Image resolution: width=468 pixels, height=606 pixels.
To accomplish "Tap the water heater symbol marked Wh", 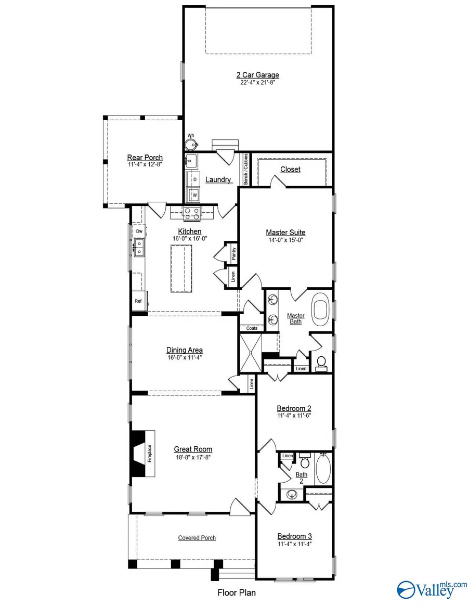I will [x=191, y=144].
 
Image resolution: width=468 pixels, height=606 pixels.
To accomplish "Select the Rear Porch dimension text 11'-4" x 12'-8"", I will [x=145, y=164].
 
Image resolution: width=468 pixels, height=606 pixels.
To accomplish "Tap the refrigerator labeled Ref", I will [x=138, y=301].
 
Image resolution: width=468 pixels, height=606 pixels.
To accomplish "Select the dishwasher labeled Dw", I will [x=139, y=231].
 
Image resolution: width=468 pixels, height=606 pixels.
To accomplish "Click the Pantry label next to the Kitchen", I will [x=234, y=253].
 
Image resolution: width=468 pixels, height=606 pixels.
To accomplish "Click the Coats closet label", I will [x=252, y=328].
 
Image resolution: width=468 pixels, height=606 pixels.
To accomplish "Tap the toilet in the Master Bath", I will [x=321, y=362].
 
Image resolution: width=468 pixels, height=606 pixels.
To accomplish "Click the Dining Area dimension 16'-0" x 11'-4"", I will [x=184, y=357].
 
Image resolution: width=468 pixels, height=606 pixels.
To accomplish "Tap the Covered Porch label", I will [x=197, y=538].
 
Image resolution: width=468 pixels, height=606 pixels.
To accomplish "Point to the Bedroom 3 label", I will [x=294, y=536].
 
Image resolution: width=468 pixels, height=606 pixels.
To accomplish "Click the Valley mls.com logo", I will [x=426, y=589].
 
